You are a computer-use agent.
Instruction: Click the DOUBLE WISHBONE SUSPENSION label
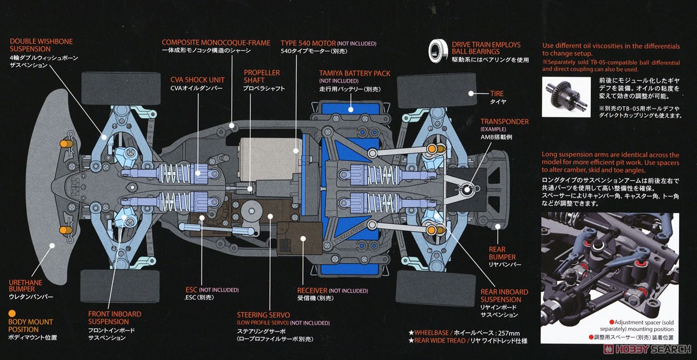[x=41, y=45]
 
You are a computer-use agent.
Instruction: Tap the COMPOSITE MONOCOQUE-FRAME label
[x=216, y=42]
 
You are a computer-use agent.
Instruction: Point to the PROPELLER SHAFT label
[x=261, y=77]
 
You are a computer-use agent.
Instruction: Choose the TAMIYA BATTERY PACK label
[x=354, y=74]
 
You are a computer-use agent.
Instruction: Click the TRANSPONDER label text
[x=504, y=122]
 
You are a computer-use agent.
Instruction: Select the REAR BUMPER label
[x=501, y=253]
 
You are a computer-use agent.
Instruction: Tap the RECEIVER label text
[x=312, y=290]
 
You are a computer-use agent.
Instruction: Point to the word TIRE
[x=497, y=93]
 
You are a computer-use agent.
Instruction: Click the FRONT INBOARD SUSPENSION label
[x=114, y=318]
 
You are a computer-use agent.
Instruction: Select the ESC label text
[x=191, y=289]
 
